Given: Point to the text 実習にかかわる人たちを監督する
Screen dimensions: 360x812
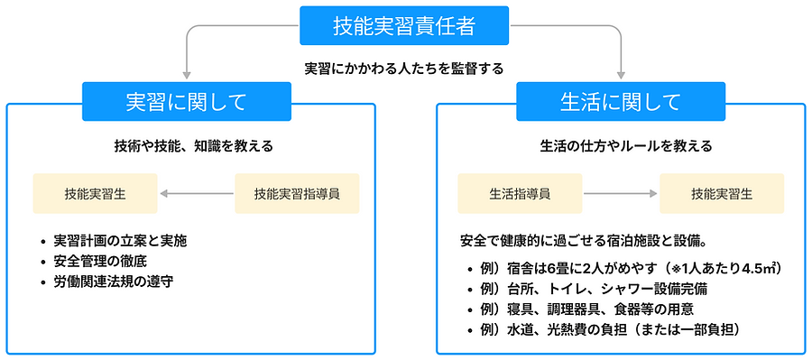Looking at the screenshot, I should point(403,68).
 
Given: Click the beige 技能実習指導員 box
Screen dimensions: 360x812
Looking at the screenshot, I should point(296,193).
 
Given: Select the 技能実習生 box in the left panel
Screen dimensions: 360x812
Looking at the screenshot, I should point(95,193).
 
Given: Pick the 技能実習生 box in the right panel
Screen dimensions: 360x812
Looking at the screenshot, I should point(722,193).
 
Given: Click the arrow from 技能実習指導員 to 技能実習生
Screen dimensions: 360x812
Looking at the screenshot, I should point(196,193).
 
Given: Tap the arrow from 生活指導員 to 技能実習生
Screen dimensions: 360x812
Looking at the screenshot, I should point(621,193).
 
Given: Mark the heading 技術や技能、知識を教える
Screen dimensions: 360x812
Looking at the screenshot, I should point(193,145).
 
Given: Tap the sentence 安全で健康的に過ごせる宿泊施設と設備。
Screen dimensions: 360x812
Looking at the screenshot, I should point(582,241).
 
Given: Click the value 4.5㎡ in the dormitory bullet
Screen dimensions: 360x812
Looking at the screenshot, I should point(759,268).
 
